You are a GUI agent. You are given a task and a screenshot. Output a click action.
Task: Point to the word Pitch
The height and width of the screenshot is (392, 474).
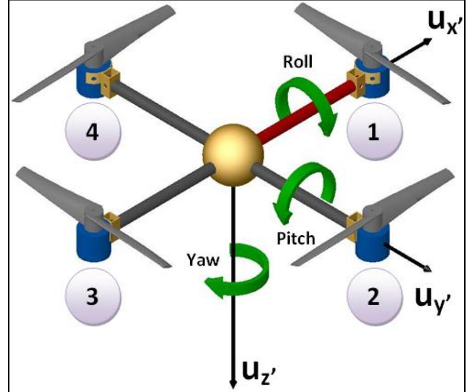point(295,238)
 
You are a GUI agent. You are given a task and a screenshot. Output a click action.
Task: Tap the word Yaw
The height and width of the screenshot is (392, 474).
point(203,261)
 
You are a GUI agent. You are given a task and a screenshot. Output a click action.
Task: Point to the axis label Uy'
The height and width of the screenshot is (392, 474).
point(433,302)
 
